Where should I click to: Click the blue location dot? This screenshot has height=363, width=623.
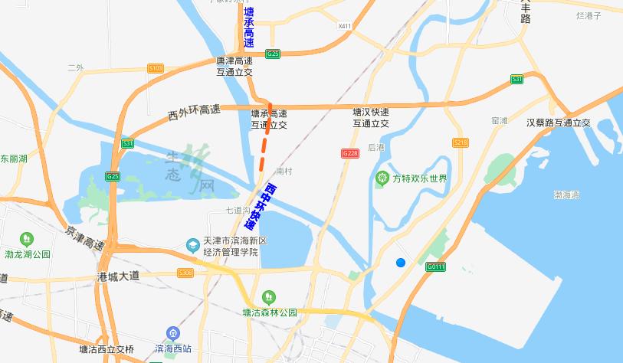pos(400,263)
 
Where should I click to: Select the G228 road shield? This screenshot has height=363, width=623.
pos(350,153)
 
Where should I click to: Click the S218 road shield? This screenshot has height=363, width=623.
pos(461,142)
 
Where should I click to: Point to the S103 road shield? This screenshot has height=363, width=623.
pos(156,68)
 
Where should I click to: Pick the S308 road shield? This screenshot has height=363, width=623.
pos(185,273)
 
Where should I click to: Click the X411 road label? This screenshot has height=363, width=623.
pos(344,26)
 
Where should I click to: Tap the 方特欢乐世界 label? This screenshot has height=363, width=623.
pos(419,179)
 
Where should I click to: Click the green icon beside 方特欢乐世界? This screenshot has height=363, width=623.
pos(382,179)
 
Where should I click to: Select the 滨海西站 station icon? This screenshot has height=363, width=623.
pos(172,333)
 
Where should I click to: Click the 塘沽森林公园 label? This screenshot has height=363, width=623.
pos(269,312)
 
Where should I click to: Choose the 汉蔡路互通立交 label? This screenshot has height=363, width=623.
pos(559,123)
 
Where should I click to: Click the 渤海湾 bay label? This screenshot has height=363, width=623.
pos(568,195)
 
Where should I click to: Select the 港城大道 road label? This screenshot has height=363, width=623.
pos(120,275)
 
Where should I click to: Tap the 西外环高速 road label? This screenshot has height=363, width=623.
pos(193,113)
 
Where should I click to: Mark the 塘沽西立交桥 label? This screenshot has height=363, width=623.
pos(106,349)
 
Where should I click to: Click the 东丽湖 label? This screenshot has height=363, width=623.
pos(13,159)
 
